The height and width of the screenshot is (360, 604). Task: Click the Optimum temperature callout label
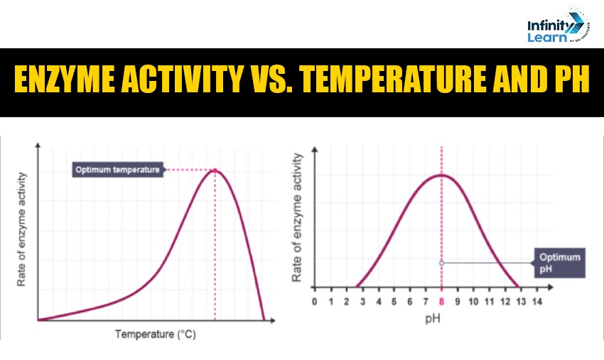[117, 170]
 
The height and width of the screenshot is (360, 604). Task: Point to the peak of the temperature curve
[215, 170]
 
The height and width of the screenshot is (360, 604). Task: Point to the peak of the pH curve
[441, 175]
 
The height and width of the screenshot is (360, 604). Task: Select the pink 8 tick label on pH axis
[441, 302]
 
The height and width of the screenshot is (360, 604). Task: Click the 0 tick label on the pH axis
[315, 302]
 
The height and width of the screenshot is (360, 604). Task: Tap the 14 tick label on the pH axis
[536, 302]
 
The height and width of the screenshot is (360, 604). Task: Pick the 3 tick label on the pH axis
[362, 302]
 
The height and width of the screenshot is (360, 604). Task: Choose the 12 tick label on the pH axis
[505, 302]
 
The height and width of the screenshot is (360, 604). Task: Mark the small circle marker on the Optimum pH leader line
[441, 263]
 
